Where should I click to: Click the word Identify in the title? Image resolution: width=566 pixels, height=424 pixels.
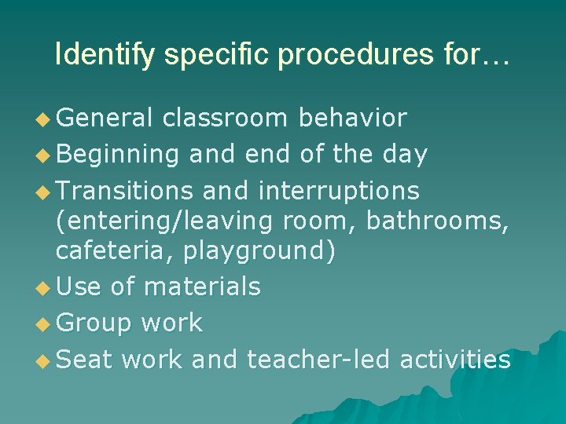[x=98, y=54]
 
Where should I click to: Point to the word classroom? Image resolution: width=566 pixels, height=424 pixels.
[x=226, y=118]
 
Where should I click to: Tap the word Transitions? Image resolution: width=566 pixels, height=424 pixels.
[x=124, y=191]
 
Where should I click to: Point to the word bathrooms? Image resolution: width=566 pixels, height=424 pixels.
[x=436, y=221]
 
